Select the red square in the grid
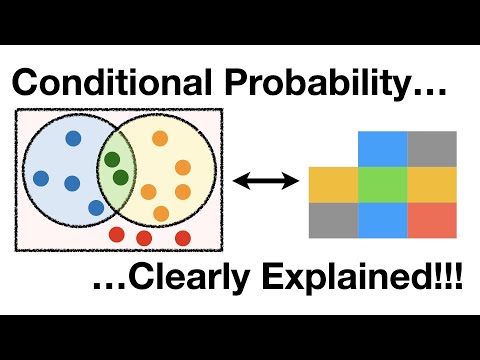point(431,219)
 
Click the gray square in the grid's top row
point(431,148)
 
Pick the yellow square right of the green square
point(431,185)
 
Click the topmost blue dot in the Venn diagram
point(73,140)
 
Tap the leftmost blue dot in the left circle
point(40,178)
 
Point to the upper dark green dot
point(112,159)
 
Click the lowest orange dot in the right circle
point(161,213)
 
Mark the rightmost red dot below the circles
point(183,237)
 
